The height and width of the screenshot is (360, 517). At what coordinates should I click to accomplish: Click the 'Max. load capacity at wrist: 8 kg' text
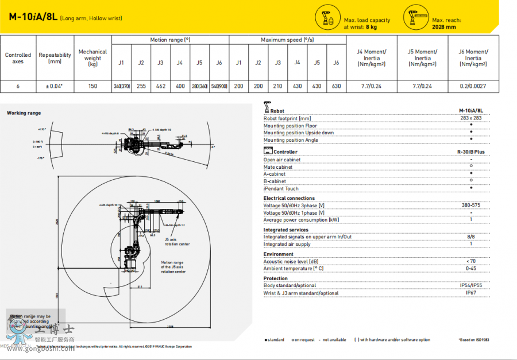366,24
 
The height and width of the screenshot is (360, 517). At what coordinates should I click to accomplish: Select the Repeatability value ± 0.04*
55,86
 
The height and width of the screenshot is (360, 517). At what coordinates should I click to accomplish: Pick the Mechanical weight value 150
92,86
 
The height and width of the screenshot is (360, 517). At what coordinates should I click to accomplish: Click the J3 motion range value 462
160,86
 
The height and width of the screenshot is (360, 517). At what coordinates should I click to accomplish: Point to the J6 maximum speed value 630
336,86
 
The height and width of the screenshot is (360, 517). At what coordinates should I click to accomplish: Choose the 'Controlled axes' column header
18,59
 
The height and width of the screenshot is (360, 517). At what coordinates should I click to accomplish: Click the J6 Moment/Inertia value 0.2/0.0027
473,86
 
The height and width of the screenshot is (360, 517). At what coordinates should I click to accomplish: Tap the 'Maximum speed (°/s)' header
287,40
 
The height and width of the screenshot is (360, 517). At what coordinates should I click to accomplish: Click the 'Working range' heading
24,113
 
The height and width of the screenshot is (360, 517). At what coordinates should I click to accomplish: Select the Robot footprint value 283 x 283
471,118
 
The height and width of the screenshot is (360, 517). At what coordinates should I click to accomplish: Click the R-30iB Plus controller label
471,152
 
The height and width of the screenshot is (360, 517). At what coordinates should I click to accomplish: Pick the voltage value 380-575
471,206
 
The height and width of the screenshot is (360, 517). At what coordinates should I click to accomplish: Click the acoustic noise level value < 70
471,261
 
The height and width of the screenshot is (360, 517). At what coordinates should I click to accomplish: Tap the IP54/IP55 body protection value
471,285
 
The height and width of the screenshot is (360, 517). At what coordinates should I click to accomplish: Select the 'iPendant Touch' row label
281,188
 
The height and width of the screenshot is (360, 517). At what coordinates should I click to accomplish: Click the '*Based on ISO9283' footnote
474,340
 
